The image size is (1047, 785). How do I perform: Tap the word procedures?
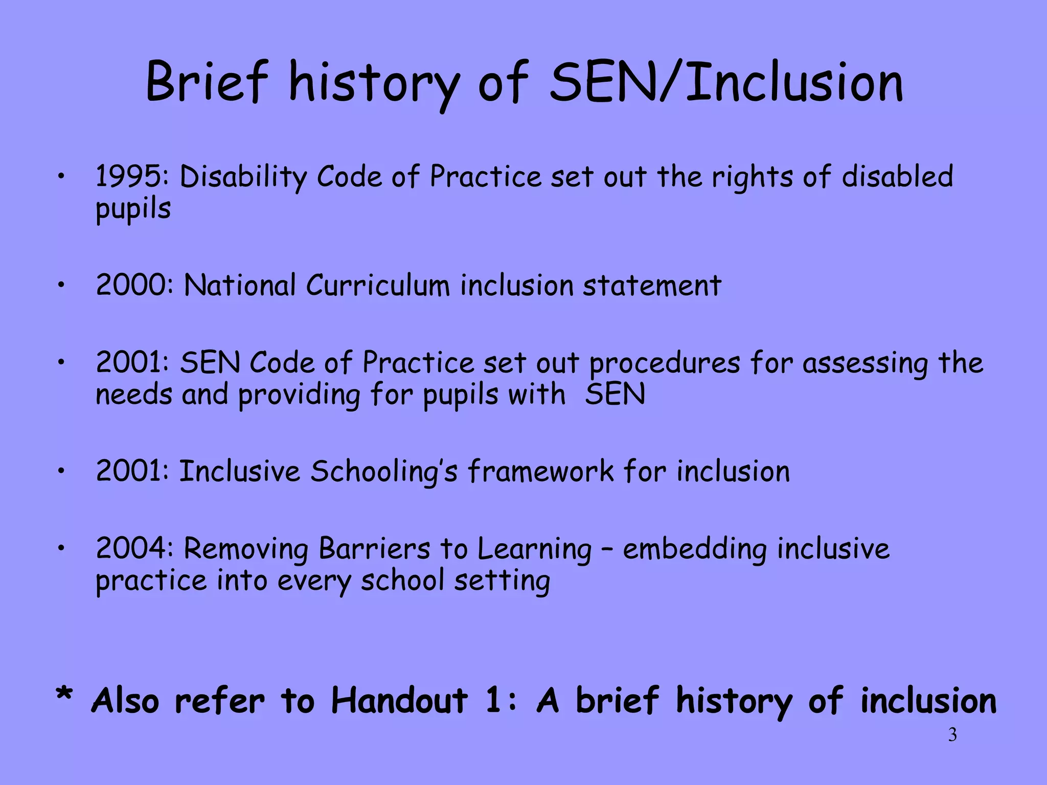point(664,364)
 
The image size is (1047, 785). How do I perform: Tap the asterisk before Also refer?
point(64,696)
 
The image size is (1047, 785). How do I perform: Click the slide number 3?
point(952,735)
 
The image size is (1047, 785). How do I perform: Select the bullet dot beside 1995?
point(61,177)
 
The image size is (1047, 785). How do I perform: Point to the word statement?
point(652,285)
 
